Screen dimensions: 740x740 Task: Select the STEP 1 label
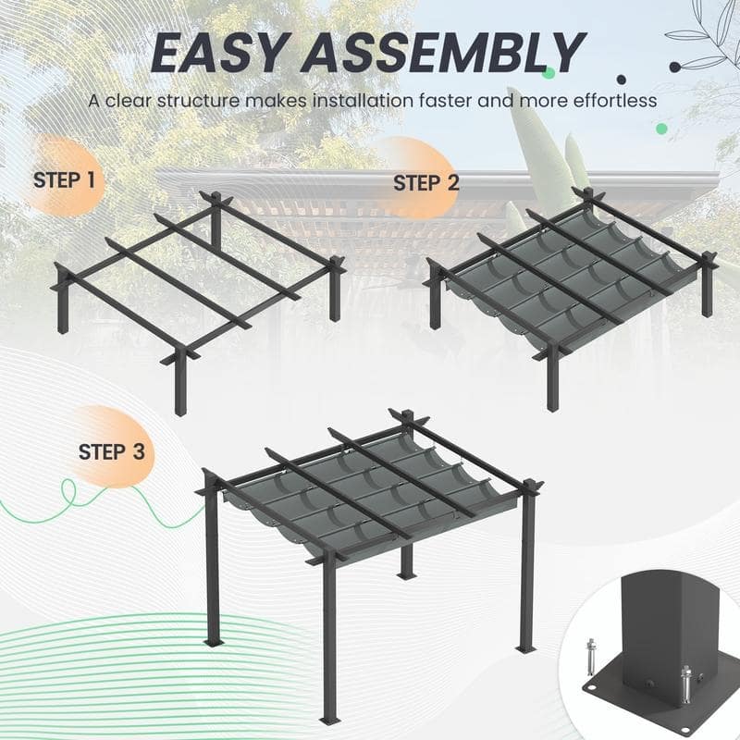pos(64,179)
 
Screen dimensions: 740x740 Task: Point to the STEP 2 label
pos(425,182)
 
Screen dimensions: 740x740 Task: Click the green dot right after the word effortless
pos(663,102)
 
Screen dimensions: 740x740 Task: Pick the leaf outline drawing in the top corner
pos(708,42)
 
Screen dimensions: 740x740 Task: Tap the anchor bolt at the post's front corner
pos(685,685)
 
